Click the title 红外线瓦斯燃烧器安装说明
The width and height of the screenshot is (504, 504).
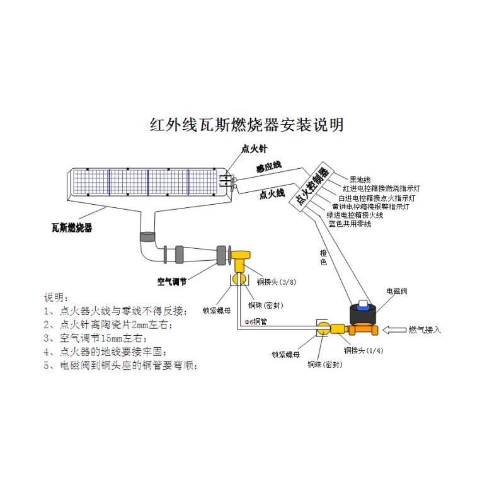(x=247, y=123)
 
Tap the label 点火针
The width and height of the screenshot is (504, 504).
(x=255, y=149)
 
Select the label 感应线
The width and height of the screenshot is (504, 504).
(x=268, y=166)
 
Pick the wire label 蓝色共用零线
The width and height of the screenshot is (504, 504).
(x=350, y=224)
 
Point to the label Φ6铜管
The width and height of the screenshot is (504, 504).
(x=256, y=321)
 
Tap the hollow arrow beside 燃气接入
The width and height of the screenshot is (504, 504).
(x=394, y=329)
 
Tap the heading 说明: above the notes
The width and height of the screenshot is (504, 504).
(x=55, y=297)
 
